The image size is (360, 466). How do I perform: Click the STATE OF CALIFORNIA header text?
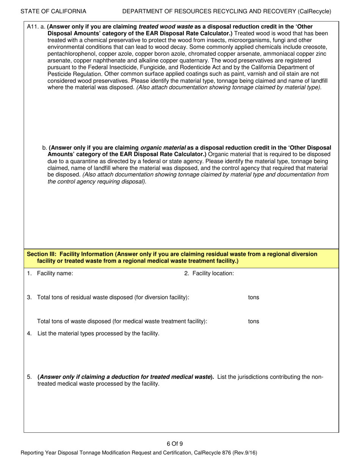53,11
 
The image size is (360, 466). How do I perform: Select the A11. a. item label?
36,27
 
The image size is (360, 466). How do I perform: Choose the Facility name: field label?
55,274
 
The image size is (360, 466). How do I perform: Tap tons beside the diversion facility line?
254,297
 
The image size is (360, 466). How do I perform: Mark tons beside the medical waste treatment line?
254,321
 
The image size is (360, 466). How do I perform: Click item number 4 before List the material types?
30,333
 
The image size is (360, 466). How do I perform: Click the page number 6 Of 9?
175,444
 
